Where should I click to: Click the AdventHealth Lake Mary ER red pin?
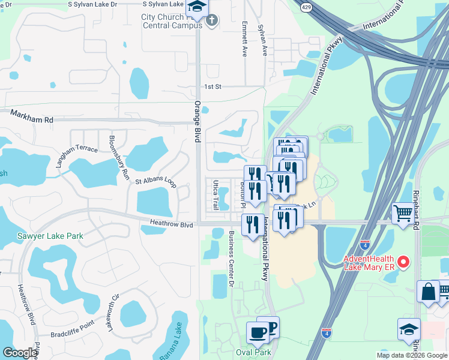coord(404,261)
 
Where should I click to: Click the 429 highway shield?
coord(306,7)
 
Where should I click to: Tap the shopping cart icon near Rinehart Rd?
coord(403,212)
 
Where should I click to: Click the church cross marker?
coord(211,21)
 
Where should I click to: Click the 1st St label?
coord(213,87)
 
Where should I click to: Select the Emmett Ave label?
coord(244,39)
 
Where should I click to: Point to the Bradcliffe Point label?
coord(72,325)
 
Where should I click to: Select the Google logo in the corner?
coord(20,353)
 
